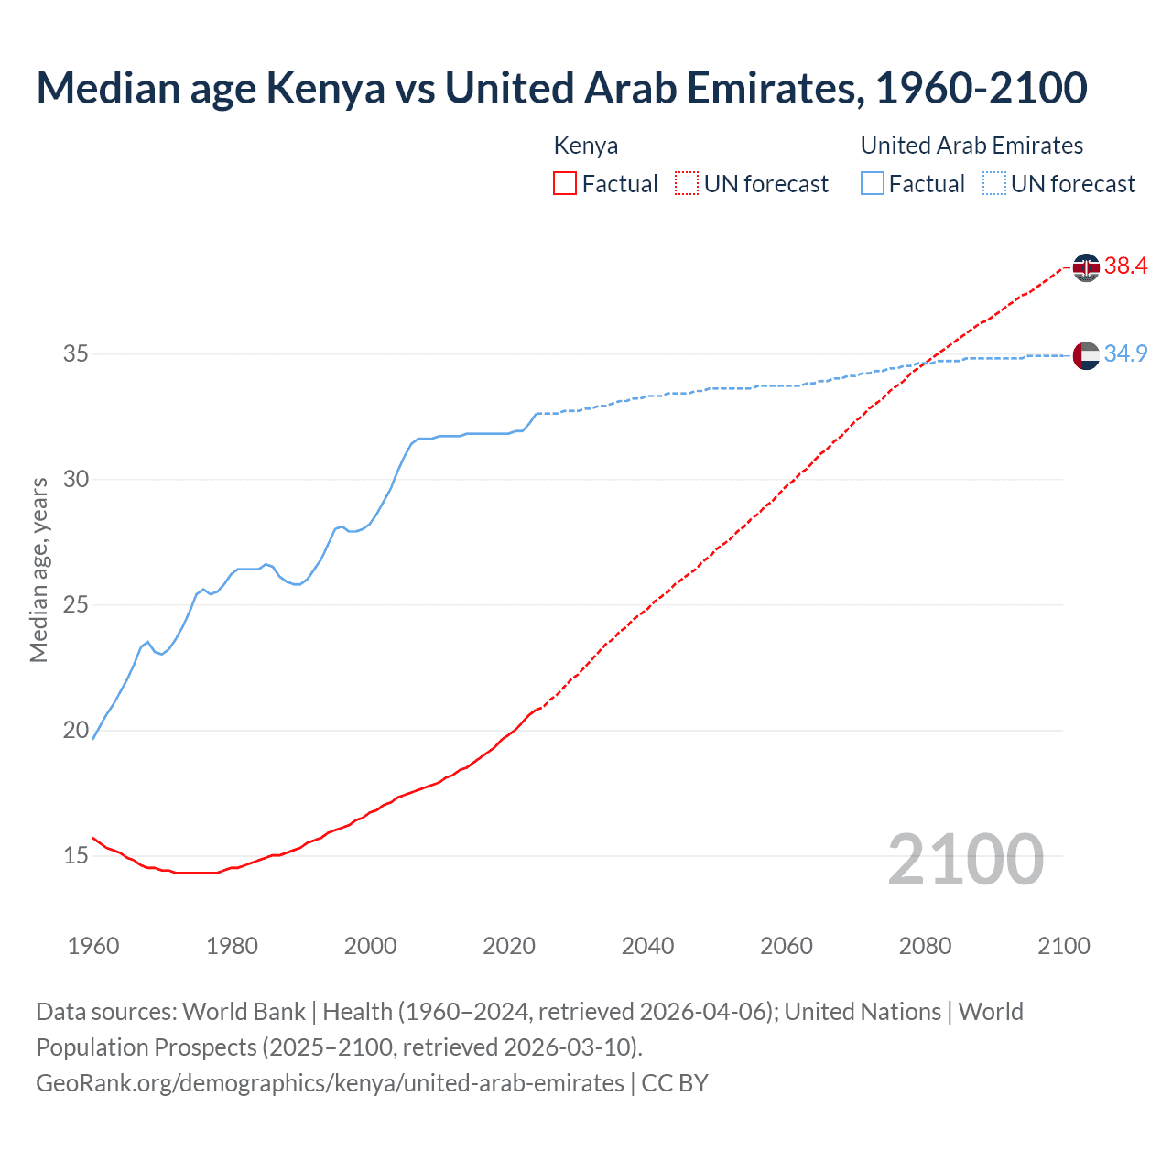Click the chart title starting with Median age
tap(561, 88)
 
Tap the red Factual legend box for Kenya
tap(565, 184)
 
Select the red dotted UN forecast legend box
tap(687, 184)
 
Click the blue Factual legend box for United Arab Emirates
tap(873, 184)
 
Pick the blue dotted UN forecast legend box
tap(994, 184)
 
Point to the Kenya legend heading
tap(586, 146)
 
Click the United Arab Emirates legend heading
tap(971, 146)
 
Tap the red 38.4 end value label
tap(1125, 266)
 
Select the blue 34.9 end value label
tap(1125, 354)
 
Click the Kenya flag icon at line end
tap(1086, 267)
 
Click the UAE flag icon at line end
tap(1086, 355)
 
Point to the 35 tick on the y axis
tap(75, 353)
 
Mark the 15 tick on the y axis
tap(75, 856)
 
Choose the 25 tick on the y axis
tap(75, 605)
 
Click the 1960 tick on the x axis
tap(93, 946)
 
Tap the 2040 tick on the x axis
tap(647, 946)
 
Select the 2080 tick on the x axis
tap(925, 946)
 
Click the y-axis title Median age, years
tap(39, 570)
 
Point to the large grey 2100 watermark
tap(965, 859)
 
